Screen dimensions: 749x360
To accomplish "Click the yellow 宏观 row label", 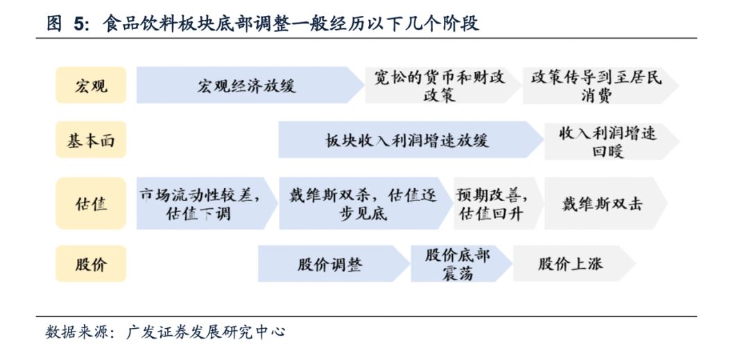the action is pos(91,85).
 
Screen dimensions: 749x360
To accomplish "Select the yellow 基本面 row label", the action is pos(91,140).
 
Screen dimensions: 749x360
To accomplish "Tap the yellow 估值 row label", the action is pos(91,203).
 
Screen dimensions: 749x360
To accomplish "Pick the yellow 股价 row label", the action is pos(91,264).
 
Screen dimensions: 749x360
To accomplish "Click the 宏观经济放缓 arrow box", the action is pos(250,85).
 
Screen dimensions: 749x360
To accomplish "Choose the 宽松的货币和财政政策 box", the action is pos(442,85).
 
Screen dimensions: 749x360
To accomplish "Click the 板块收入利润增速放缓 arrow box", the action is pos(411,140).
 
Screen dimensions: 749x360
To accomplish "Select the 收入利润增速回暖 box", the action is pos(612,140).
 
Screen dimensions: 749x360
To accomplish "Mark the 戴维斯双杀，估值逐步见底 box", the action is pos(366,203).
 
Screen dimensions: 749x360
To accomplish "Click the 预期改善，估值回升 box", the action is pos(498,203).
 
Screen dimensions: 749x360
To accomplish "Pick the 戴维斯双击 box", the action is pos(605,203).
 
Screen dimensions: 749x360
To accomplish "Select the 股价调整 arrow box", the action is pos(334,264).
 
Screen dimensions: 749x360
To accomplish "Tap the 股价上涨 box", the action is pos(574,264).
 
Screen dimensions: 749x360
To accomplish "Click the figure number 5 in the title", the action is pos(79,24).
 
